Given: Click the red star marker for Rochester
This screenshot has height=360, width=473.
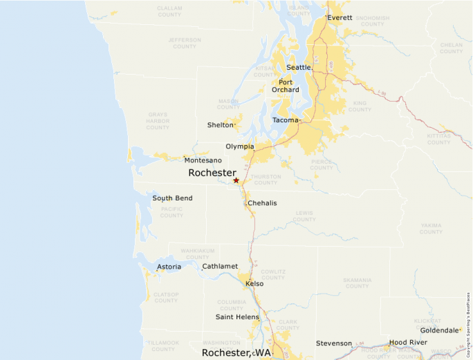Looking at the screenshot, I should (236, 180).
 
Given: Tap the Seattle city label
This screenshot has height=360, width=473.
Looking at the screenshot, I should (299, 68).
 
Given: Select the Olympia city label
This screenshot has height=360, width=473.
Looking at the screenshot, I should (239, 146).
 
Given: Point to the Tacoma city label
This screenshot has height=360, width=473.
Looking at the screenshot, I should (285, 120).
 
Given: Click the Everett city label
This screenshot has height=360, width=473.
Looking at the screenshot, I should (340, 17).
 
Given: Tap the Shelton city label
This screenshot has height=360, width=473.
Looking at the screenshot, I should (220, 125).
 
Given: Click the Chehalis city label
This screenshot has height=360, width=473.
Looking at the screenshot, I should (262, 203).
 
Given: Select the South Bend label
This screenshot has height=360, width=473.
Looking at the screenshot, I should (172, 198).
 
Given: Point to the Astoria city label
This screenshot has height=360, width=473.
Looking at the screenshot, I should (169, 267).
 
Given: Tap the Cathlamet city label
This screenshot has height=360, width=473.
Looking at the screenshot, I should (220, 266).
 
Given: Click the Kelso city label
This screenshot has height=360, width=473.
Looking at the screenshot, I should (254, 283).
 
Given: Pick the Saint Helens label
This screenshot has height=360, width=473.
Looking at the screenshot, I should (233, 317).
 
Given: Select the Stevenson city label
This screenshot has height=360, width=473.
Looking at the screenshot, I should (334, 343).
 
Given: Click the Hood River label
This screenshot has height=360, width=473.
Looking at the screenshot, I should (408, 342).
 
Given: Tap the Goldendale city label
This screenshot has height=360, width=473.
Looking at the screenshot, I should (439, 330).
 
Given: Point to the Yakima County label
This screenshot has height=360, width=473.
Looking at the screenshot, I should (431, 229).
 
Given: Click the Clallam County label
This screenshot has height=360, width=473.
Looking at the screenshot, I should (169, 11).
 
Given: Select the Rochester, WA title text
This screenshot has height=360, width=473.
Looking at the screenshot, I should (236, 352).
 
